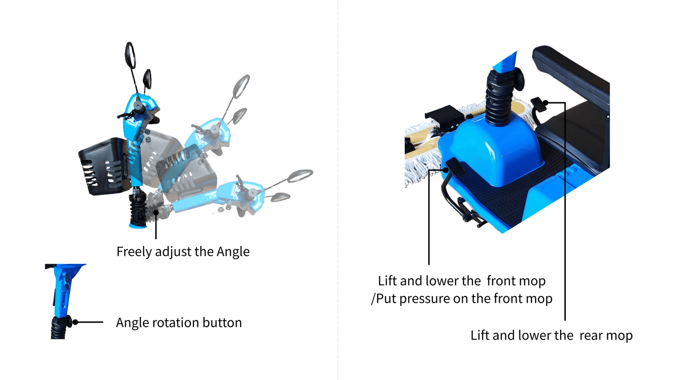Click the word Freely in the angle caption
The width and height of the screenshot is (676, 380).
pos(134,252)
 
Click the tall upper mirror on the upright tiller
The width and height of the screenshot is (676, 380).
pos(130,55)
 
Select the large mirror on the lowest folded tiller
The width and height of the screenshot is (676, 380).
pos(300,176)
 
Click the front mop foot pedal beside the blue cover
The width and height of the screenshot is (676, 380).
pos(455,167)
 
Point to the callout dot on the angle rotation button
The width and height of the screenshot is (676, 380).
pos(76,323)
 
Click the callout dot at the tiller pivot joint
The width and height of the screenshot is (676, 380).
pos(156,212)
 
